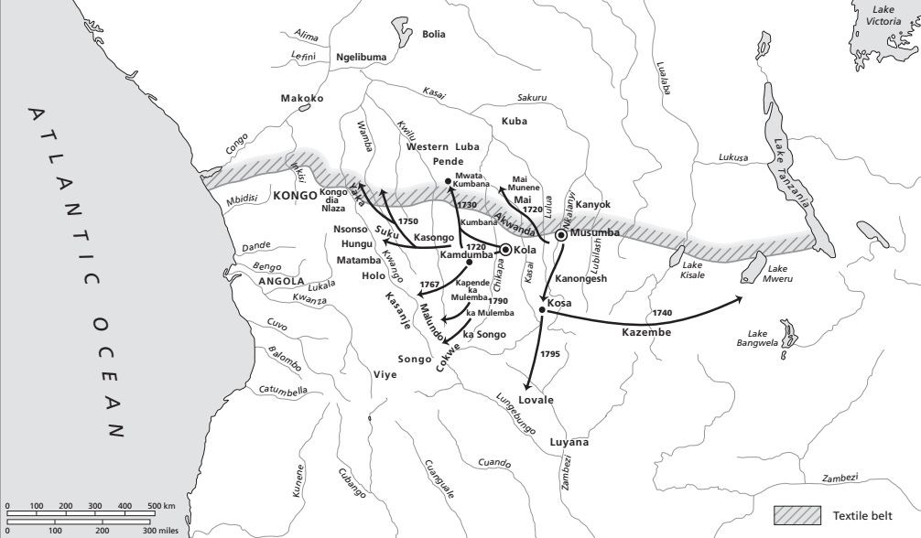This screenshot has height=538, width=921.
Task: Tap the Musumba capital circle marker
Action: click(561, 234)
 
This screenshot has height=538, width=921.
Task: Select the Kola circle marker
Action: click(504, 250)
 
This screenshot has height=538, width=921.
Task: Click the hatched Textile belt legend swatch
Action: click(797, 514)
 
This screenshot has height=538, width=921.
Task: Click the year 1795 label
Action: click(549, 353)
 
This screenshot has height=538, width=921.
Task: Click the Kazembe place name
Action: click(647, 333)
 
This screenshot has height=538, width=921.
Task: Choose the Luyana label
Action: click(569, 443)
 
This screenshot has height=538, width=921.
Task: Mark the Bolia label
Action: click(433, 35)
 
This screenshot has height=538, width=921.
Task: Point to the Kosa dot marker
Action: click(542, 310)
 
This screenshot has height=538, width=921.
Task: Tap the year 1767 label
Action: click(428, 285)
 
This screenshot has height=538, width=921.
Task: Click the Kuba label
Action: click(515, 122)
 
